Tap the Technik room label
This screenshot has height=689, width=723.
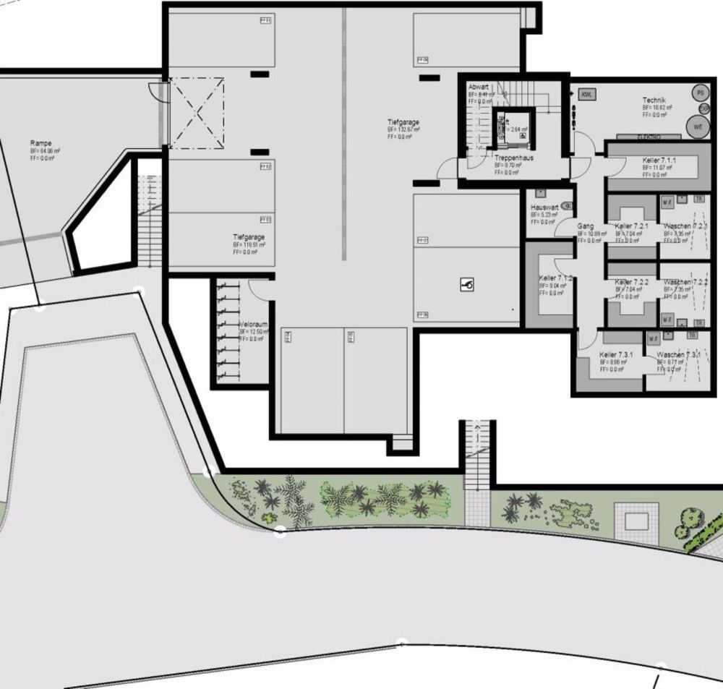point(654,100)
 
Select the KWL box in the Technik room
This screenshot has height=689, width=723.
point(587,94)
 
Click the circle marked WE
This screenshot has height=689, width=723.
point(698,126)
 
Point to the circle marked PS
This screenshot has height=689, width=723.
point(699,93)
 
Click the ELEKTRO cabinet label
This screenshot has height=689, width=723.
point(649,136)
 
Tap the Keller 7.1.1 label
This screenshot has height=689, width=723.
point(659,160)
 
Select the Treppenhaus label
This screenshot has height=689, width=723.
point(513,158)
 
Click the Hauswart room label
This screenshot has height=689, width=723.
point(544,207)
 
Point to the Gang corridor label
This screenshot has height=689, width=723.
point(585,226)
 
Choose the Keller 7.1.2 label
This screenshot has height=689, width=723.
point(555,278)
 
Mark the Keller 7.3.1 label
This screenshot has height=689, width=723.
point(616,355)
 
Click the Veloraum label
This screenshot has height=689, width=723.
point(252,325)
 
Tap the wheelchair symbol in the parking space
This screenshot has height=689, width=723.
point(467,286)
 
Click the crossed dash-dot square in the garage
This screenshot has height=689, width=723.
point(197,114)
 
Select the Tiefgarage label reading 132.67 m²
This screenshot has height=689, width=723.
point(403,123)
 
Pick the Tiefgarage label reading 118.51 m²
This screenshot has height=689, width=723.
point(248,237)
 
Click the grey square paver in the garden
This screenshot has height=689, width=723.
point(636,521)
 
